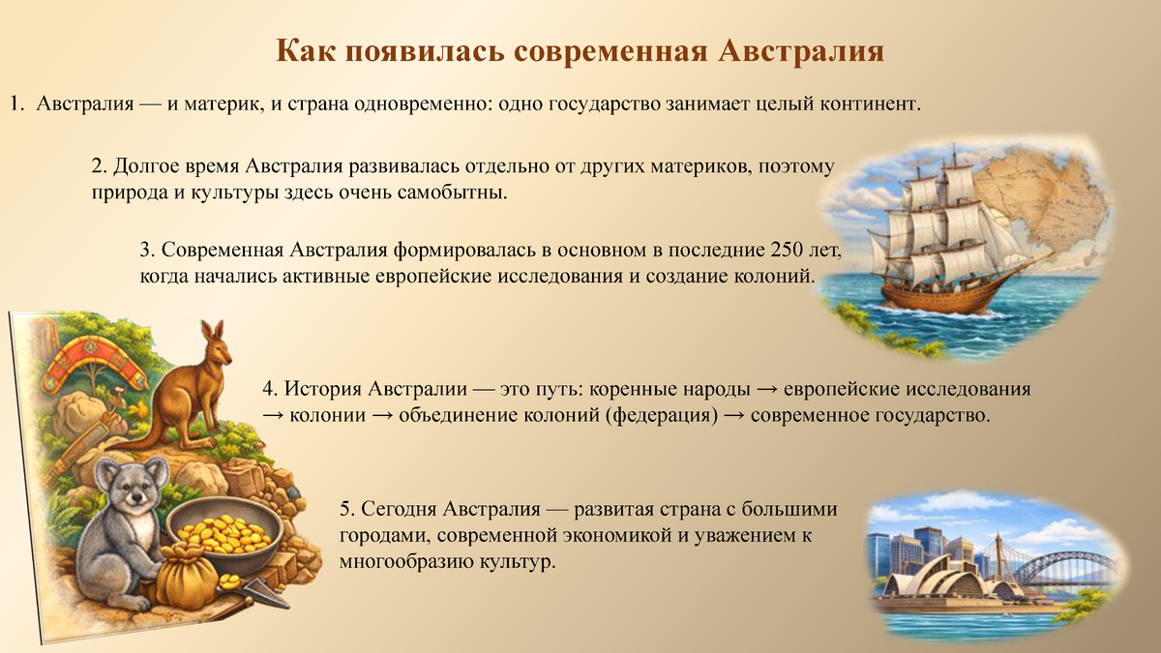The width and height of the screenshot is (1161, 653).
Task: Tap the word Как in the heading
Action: coord(305,49)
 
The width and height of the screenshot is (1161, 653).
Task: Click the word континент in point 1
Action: coord(863,103)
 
